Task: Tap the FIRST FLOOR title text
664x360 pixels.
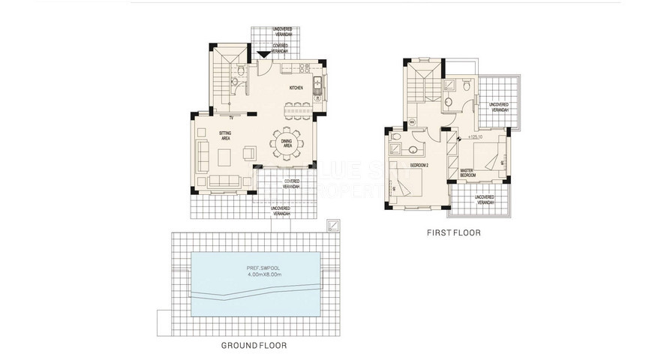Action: pos(454,233)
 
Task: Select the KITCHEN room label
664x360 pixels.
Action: pos(296,88)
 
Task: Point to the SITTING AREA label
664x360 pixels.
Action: pos(225,135)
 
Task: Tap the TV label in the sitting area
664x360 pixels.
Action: pos(231,118)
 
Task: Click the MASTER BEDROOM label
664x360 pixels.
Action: pos(471,173)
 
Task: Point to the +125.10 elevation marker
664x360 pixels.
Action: pos(474,137)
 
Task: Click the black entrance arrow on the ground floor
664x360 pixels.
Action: pos(262,54)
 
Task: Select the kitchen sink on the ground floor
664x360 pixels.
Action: pos(317,84)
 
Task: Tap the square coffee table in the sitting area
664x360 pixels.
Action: pos(224,157)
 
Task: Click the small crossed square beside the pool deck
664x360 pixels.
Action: pos(332,225)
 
